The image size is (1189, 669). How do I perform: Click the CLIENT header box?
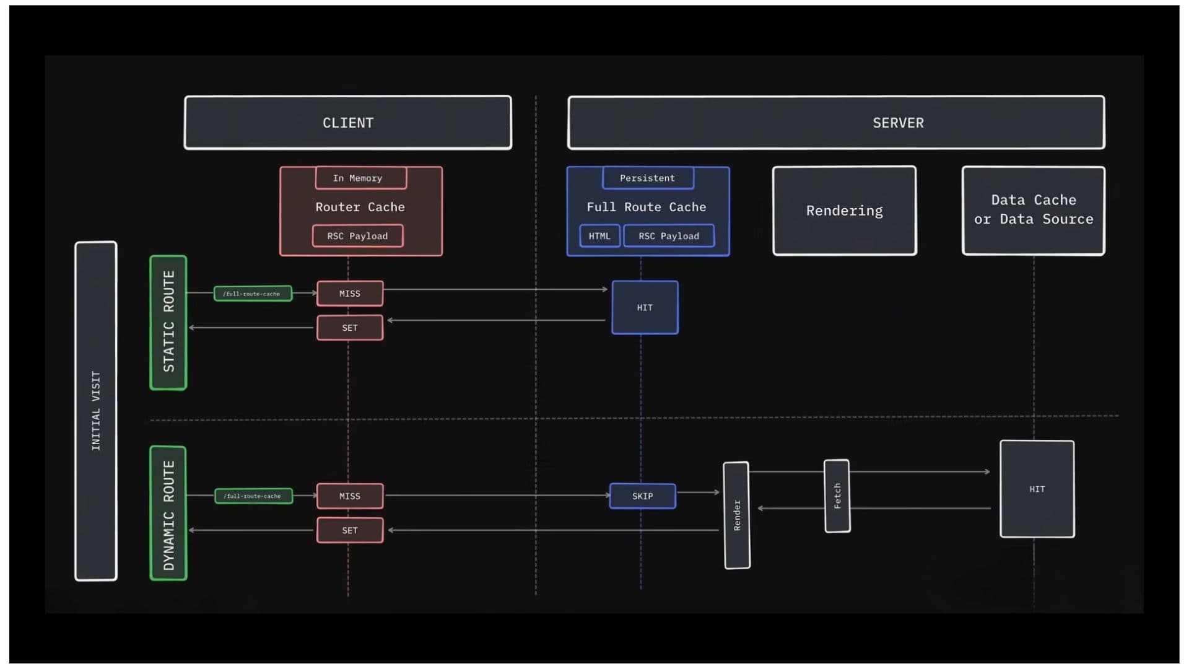[x=347, y=123]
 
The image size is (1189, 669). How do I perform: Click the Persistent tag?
[x=648, y=178]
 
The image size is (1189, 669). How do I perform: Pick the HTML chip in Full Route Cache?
[x=599, y=236]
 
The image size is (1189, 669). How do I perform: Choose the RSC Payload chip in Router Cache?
[x=357, y=236]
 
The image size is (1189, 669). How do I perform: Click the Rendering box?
[x=845, y=211]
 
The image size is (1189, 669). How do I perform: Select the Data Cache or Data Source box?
[x=1033, y=210]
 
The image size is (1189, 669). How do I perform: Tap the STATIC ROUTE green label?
[x=168, y=322]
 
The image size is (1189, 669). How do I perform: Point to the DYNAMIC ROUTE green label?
[x=168, y=514]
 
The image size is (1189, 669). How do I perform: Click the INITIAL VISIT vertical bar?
[x=96, y=411]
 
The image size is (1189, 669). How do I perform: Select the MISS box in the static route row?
[x=350, y=294]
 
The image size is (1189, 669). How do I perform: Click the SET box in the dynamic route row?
[x=350, y=531]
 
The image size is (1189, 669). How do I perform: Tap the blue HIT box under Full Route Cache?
[x=645, y=308]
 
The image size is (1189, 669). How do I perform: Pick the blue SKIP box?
[x=643, y=496]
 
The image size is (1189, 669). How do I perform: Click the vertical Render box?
[x=737, y=515]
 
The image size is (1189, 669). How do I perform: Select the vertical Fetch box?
[x=837, y=496]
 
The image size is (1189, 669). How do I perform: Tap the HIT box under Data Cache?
[x=1037, y=489]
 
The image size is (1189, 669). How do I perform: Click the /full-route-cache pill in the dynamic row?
[x=253, y=496]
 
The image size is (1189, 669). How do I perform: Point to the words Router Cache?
[x=360, y=207]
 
